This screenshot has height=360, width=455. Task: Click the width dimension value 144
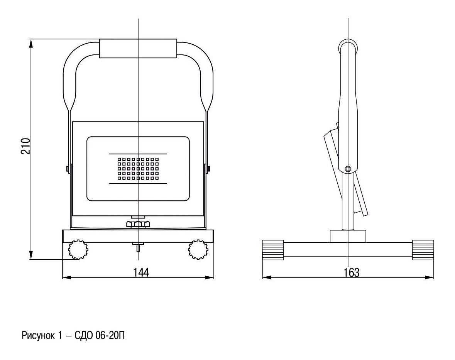click(141, 272)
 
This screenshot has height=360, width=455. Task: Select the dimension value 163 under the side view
click(352, 272)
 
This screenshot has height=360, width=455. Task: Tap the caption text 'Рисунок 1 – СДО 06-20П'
click(73, 336)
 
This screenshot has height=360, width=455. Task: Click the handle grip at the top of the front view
click(138, 49)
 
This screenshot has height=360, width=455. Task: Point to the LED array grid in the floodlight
click(138, 169)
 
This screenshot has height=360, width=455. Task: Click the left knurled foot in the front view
click(78, 250)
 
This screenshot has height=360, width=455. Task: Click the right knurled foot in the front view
click(198, 250)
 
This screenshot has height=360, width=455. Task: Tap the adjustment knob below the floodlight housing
click(138, 224)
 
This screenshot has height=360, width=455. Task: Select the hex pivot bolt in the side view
click(348, 168)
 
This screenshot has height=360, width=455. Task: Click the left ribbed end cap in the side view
click(273, 250)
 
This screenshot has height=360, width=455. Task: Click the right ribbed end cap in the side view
click(423, 250)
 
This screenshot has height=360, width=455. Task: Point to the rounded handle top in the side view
click(348, 46)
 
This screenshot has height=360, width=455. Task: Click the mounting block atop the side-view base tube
click(348, 236)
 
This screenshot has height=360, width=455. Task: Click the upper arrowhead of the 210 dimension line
click(30, 43)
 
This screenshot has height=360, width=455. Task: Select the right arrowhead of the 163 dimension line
click(430, 277)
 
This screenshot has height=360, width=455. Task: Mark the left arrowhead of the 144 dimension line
click(67, 277)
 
